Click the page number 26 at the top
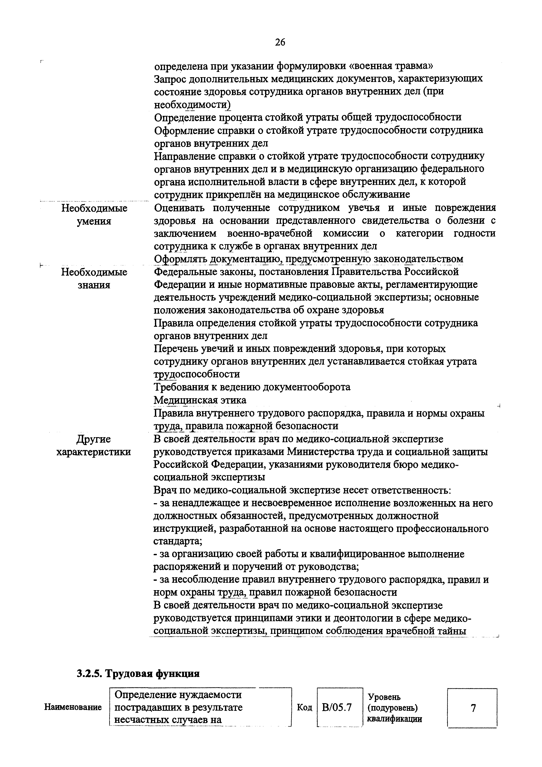(x=280, y=42)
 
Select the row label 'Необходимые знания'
(x=94, y=278)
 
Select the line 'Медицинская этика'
(x=200, y=400)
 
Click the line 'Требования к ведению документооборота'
(x=252, y=387)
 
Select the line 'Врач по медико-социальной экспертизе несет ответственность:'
(x=302, y=490)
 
